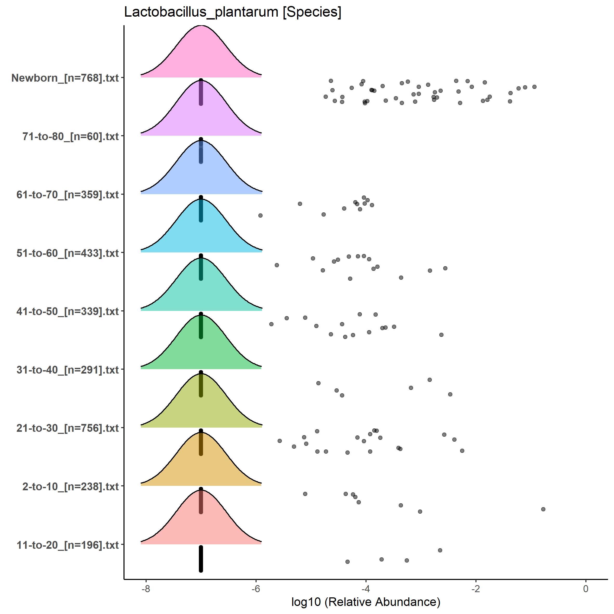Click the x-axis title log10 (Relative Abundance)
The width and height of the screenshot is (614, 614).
[365, 602]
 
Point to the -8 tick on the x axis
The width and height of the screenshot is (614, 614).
[146, 589]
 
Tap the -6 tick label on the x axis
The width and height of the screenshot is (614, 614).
[256, 589]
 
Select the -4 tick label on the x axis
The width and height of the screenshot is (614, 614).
[366, 589]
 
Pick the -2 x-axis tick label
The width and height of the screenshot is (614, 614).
[476, 589]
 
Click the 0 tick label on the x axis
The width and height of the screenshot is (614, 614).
[586, 589]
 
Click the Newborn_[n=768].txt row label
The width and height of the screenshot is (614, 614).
[65, 78]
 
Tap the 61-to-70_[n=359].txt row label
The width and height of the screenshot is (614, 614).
[68, 194]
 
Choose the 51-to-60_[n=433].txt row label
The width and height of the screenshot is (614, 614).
[68, 253]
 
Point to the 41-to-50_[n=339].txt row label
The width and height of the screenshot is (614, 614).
[68, 311]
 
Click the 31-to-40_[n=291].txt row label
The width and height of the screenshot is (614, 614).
[68, 370]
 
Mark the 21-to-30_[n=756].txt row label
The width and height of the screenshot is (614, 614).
[68, 428]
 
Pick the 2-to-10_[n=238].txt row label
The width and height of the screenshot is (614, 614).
[70, 487]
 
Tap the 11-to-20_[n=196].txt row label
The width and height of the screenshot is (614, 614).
[68, 545]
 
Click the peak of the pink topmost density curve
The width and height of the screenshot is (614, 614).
[201, 26]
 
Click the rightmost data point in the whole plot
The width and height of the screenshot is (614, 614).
[543, 509]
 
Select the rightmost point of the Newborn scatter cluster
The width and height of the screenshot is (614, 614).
[534, 87]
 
